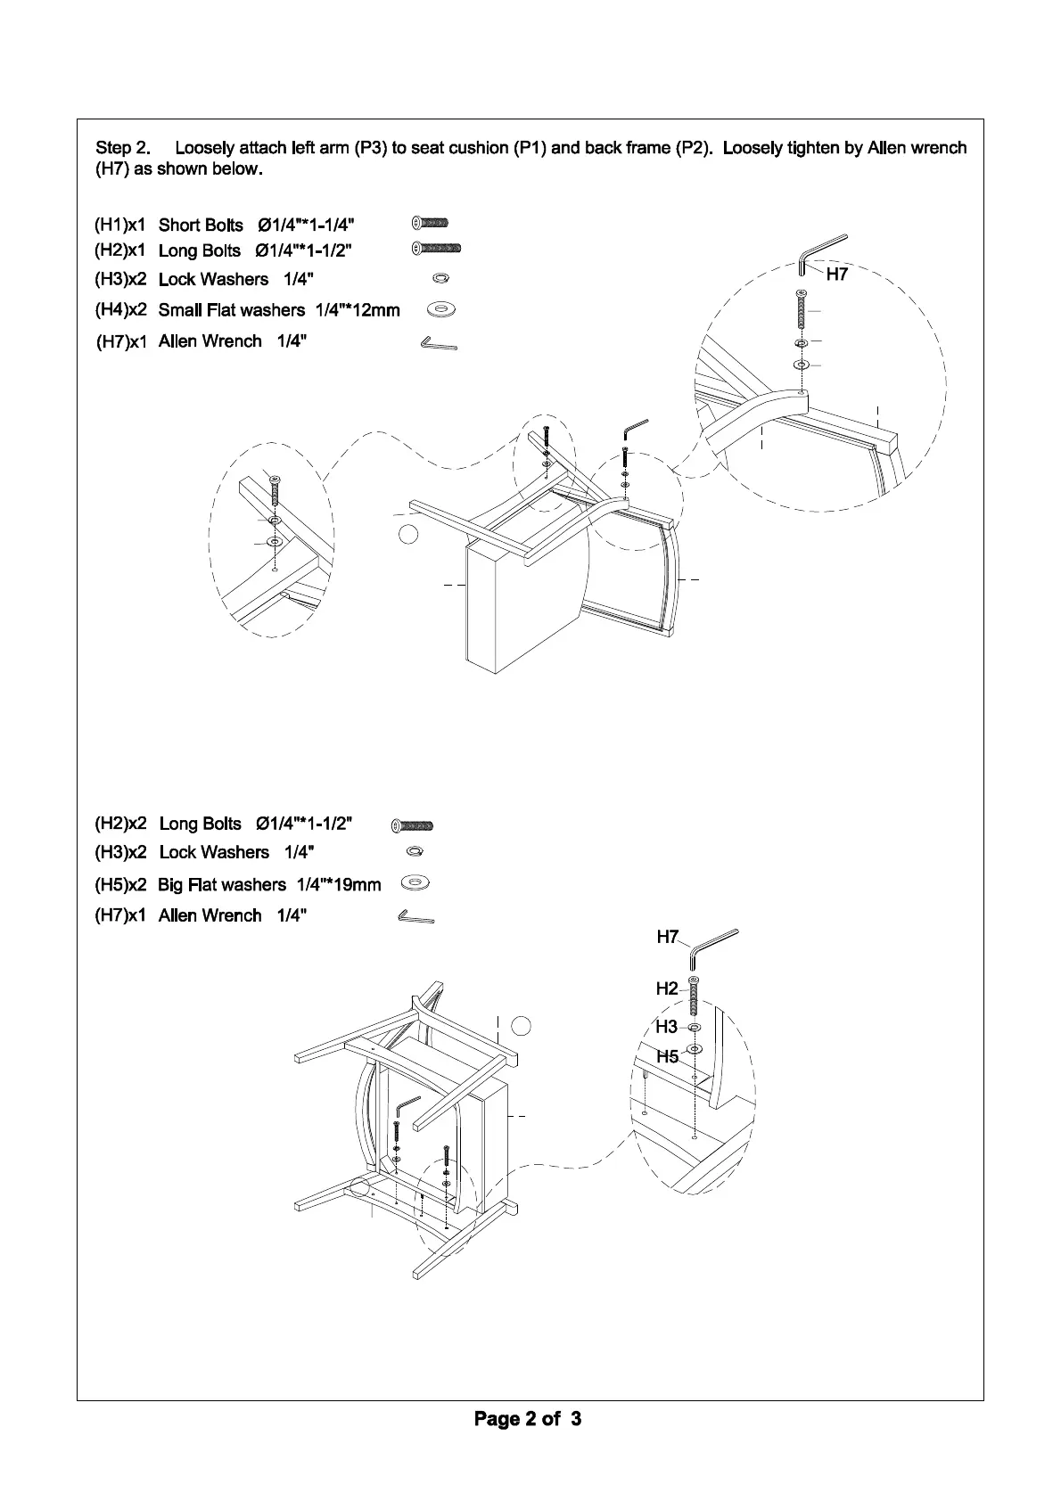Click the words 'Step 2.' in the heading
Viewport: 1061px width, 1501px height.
123,148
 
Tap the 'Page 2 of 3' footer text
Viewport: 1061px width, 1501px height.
528,1418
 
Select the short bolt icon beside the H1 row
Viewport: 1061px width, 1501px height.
431,223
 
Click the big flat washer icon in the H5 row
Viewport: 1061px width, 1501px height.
415,883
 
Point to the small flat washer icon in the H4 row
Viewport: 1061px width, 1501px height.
441,309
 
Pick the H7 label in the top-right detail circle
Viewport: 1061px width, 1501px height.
836,275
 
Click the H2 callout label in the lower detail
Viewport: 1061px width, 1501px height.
667,988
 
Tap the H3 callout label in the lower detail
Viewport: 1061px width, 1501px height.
667,1027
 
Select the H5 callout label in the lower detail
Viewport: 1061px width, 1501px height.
668,1057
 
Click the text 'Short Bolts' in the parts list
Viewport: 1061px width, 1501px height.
201,225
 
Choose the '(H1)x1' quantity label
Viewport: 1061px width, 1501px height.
120,224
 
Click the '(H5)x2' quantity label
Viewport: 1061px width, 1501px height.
120,884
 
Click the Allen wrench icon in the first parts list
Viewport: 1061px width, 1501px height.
438,342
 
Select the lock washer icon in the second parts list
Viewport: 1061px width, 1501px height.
415,852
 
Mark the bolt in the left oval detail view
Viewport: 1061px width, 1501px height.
275,491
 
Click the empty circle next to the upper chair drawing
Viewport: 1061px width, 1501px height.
407,534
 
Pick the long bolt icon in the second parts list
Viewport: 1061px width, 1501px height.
413,825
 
